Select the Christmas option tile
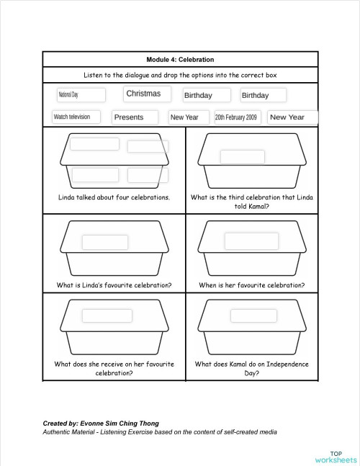148,94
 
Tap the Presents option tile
138,117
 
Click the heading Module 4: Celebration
180,59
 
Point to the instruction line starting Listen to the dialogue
180,75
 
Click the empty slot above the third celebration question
242,157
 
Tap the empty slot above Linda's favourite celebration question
104,242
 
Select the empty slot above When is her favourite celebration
251,241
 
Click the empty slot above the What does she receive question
107,315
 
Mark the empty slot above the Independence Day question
253,315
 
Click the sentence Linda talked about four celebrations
114,197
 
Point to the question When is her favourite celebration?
251,285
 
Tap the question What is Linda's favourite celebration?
114,285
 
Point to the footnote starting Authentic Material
160,431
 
